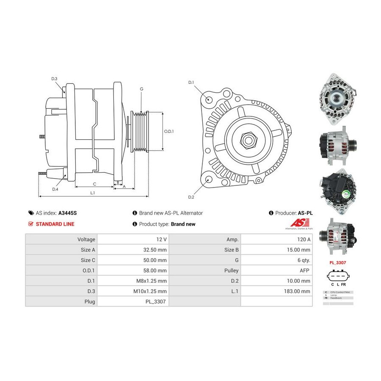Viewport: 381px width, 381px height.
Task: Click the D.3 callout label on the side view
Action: (54, 79)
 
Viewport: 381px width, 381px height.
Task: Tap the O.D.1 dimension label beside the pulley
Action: (169, 131)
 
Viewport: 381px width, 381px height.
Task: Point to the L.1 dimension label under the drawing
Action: (93, 193)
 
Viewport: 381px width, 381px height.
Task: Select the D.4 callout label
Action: (55, 189)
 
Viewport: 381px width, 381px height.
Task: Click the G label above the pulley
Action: (141, 89)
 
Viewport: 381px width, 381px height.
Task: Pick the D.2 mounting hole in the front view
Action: (208, 180)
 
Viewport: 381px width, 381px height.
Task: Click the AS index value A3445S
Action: (68, 213)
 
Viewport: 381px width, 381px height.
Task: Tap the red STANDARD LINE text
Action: (55, 224)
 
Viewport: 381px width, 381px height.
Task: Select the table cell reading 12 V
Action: (161, 239)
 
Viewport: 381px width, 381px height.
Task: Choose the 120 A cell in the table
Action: (304, 239)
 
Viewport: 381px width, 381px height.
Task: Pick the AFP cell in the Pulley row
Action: (305, 270)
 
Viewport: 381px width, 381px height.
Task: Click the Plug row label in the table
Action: (89, 301)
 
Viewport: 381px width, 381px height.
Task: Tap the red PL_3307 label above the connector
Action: (338, 262)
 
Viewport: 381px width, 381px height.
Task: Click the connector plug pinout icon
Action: (338, 277)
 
